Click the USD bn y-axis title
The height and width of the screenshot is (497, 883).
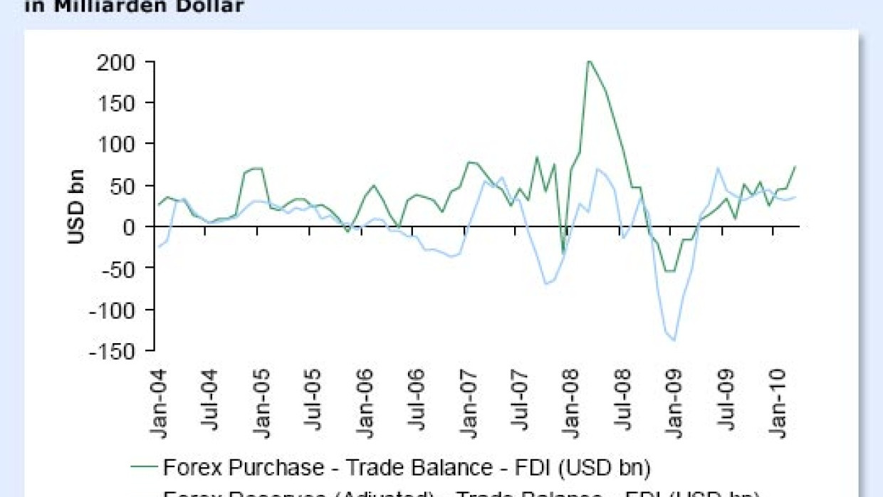[76, 206]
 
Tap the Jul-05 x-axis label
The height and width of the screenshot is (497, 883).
[313, 402]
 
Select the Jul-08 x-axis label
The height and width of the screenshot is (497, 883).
[624, 402]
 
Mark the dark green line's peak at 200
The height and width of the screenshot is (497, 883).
[588, 61]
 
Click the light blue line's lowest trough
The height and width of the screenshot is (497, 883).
[673, 340]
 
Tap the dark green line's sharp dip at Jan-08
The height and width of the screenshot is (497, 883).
[563, 251]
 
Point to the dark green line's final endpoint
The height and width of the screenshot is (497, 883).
[795, 167]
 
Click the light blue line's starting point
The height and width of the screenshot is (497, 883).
[158, 247]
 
